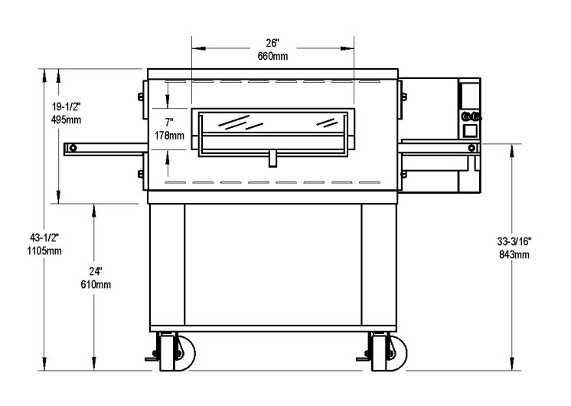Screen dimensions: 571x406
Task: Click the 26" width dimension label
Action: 272,43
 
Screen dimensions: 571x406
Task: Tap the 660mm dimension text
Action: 272,56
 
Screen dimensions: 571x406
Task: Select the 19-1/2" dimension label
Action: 66,106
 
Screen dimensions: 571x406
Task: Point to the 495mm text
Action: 67,120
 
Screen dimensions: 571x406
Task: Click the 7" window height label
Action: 169,123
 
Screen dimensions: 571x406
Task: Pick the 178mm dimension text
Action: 169,136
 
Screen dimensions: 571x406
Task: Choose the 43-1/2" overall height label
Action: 44,237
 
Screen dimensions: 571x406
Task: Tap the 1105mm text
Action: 44,250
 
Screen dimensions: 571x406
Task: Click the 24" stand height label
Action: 96,271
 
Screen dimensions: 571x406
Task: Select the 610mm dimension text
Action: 96,284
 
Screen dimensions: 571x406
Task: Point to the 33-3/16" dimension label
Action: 514,241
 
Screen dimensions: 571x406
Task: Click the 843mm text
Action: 514,254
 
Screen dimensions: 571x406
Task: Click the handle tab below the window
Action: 272,159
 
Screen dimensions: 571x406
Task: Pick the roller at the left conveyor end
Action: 73,148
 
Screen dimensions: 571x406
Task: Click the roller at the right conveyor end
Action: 472,148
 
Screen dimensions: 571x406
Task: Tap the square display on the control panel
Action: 470,131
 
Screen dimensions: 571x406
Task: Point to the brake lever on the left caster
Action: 151,359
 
